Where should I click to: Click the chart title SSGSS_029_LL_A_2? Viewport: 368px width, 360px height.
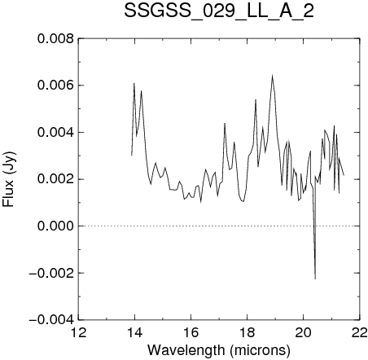[219, 11]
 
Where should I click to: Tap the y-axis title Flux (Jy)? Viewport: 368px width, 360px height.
[9, 179]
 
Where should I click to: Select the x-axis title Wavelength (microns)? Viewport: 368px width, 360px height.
[219, 350]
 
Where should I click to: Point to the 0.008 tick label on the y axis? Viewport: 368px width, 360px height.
[55, 39]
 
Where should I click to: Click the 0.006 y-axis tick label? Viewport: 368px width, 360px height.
[55, 86]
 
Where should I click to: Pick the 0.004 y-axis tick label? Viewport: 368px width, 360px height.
[55, 133]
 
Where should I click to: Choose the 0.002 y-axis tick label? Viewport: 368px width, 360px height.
[55, 179]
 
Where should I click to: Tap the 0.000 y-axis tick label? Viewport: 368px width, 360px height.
[55, 226]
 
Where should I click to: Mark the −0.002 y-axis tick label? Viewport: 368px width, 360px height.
[51, 273]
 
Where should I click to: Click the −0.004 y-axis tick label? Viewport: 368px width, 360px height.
[51, 320]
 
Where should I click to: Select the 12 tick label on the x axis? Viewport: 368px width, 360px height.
[78, 333]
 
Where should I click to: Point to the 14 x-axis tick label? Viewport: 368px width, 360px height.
[134, 333]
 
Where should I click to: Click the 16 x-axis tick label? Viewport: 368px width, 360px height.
[191, 333]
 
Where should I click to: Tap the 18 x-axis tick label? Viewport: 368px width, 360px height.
[248, 333]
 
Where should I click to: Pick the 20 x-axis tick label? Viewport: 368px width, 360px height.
[304, 333]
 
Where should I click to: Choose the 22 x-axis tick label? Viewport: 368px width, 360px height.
[360, 333]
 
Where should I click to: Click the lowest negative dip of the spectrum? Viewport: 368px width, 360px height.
[315, 279]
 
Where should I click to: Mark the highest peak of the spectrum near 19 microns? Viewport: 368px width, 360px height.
[272, 75]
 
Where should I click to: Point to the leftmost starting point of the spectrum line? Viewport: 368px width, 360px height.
[132, 156]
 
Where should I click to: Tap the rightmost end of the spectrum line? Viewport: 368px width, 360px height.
[344, 175]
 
